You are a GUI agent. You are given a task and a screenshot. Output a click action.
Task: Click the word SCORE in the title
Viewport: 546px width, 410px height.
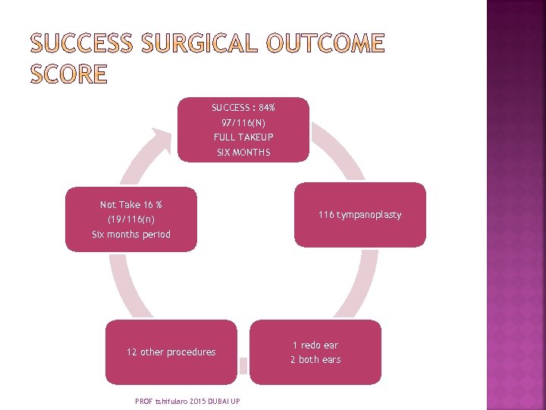point(69,74)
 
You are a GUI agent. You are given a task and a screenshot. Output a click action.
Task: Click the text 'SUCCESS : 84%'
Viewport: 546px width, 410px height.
point(243,108)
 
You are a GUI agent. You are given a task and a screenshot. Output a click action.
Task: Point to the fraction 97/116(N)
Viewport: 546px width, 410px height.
point(243,122)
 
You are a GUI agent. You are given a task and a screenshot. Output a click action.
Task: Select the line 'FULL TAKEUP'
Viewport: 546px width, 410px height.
point(243,137)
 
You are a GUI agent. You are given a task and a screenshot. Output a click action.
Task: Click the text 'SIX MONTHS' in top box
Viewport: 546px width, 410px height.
point(243,153)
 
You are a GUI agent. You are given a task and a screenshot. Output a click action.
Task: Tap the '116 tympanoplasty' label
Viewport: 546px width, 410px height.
point(359,215)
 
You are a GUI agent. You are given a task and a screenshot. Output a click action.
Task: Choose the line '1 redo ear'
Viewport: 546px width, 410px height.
point(315,345)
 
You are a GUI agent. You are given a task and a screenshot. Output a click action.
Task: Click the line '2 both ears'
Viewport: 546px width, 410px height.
point(315,360)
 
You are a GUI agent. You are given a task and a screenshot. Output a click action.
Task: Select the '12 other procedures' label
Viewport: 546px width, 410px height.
point(171,352)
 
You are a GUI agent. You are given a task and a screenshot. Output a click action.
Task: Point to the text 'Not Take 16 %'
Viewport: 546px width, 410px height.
point(130,205)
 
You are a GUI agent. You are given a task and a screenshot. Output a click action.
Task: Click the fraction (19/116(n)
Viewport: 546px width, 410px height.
point(130,219)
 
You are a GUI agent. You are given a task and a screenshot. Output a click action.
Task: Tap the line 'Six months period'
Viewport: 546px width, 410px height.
point(130,235)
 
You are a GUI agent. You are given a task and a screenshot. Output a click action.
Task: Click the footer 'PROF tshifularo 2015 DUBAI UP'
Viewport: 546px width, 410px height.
point(187,401)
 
